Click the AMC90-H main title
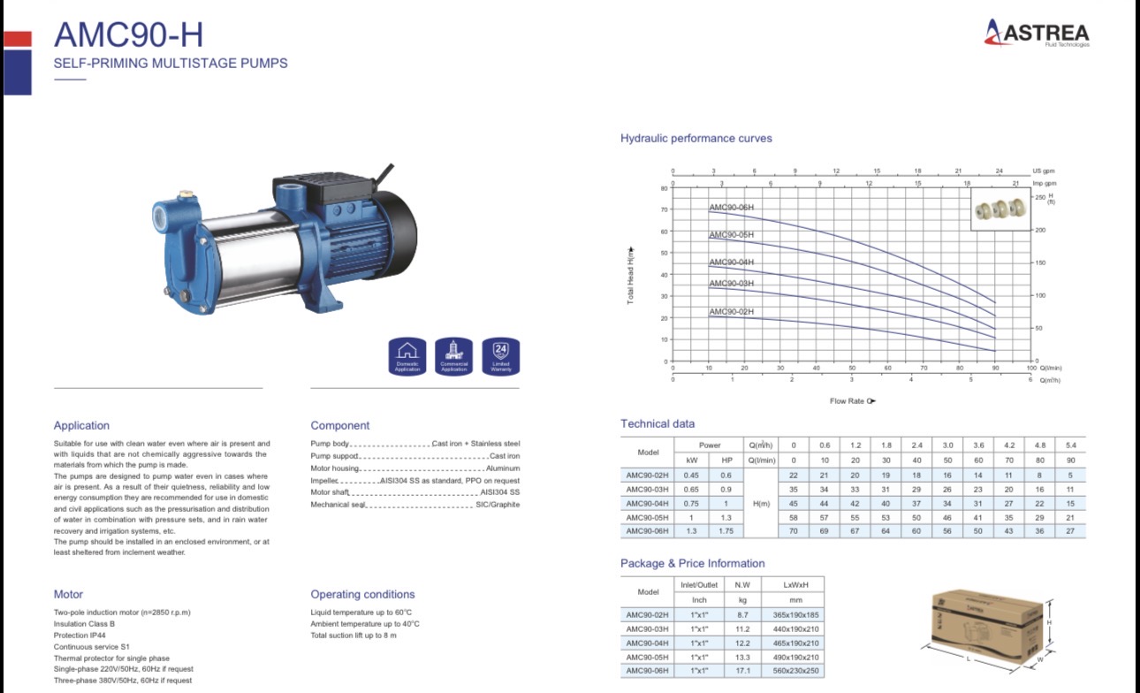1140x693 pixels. [128, 35]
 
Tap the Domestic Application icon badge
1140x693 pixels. [407, 356]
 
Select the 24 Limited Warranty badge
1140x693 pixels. [500, 356]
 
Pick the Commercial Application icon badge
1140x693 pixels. [454, 356]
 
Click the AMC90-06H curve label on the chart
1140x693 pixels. [731, 207]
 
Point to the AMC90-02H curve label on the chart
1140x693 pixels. [731, 312]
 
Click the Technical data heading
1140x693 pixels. [657, 424]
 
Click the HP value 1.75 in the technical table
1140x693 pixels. [726, 531]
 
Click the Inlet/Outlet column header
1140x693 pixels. [699, 584]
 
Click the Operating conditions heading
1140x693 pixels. [362, 595]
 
